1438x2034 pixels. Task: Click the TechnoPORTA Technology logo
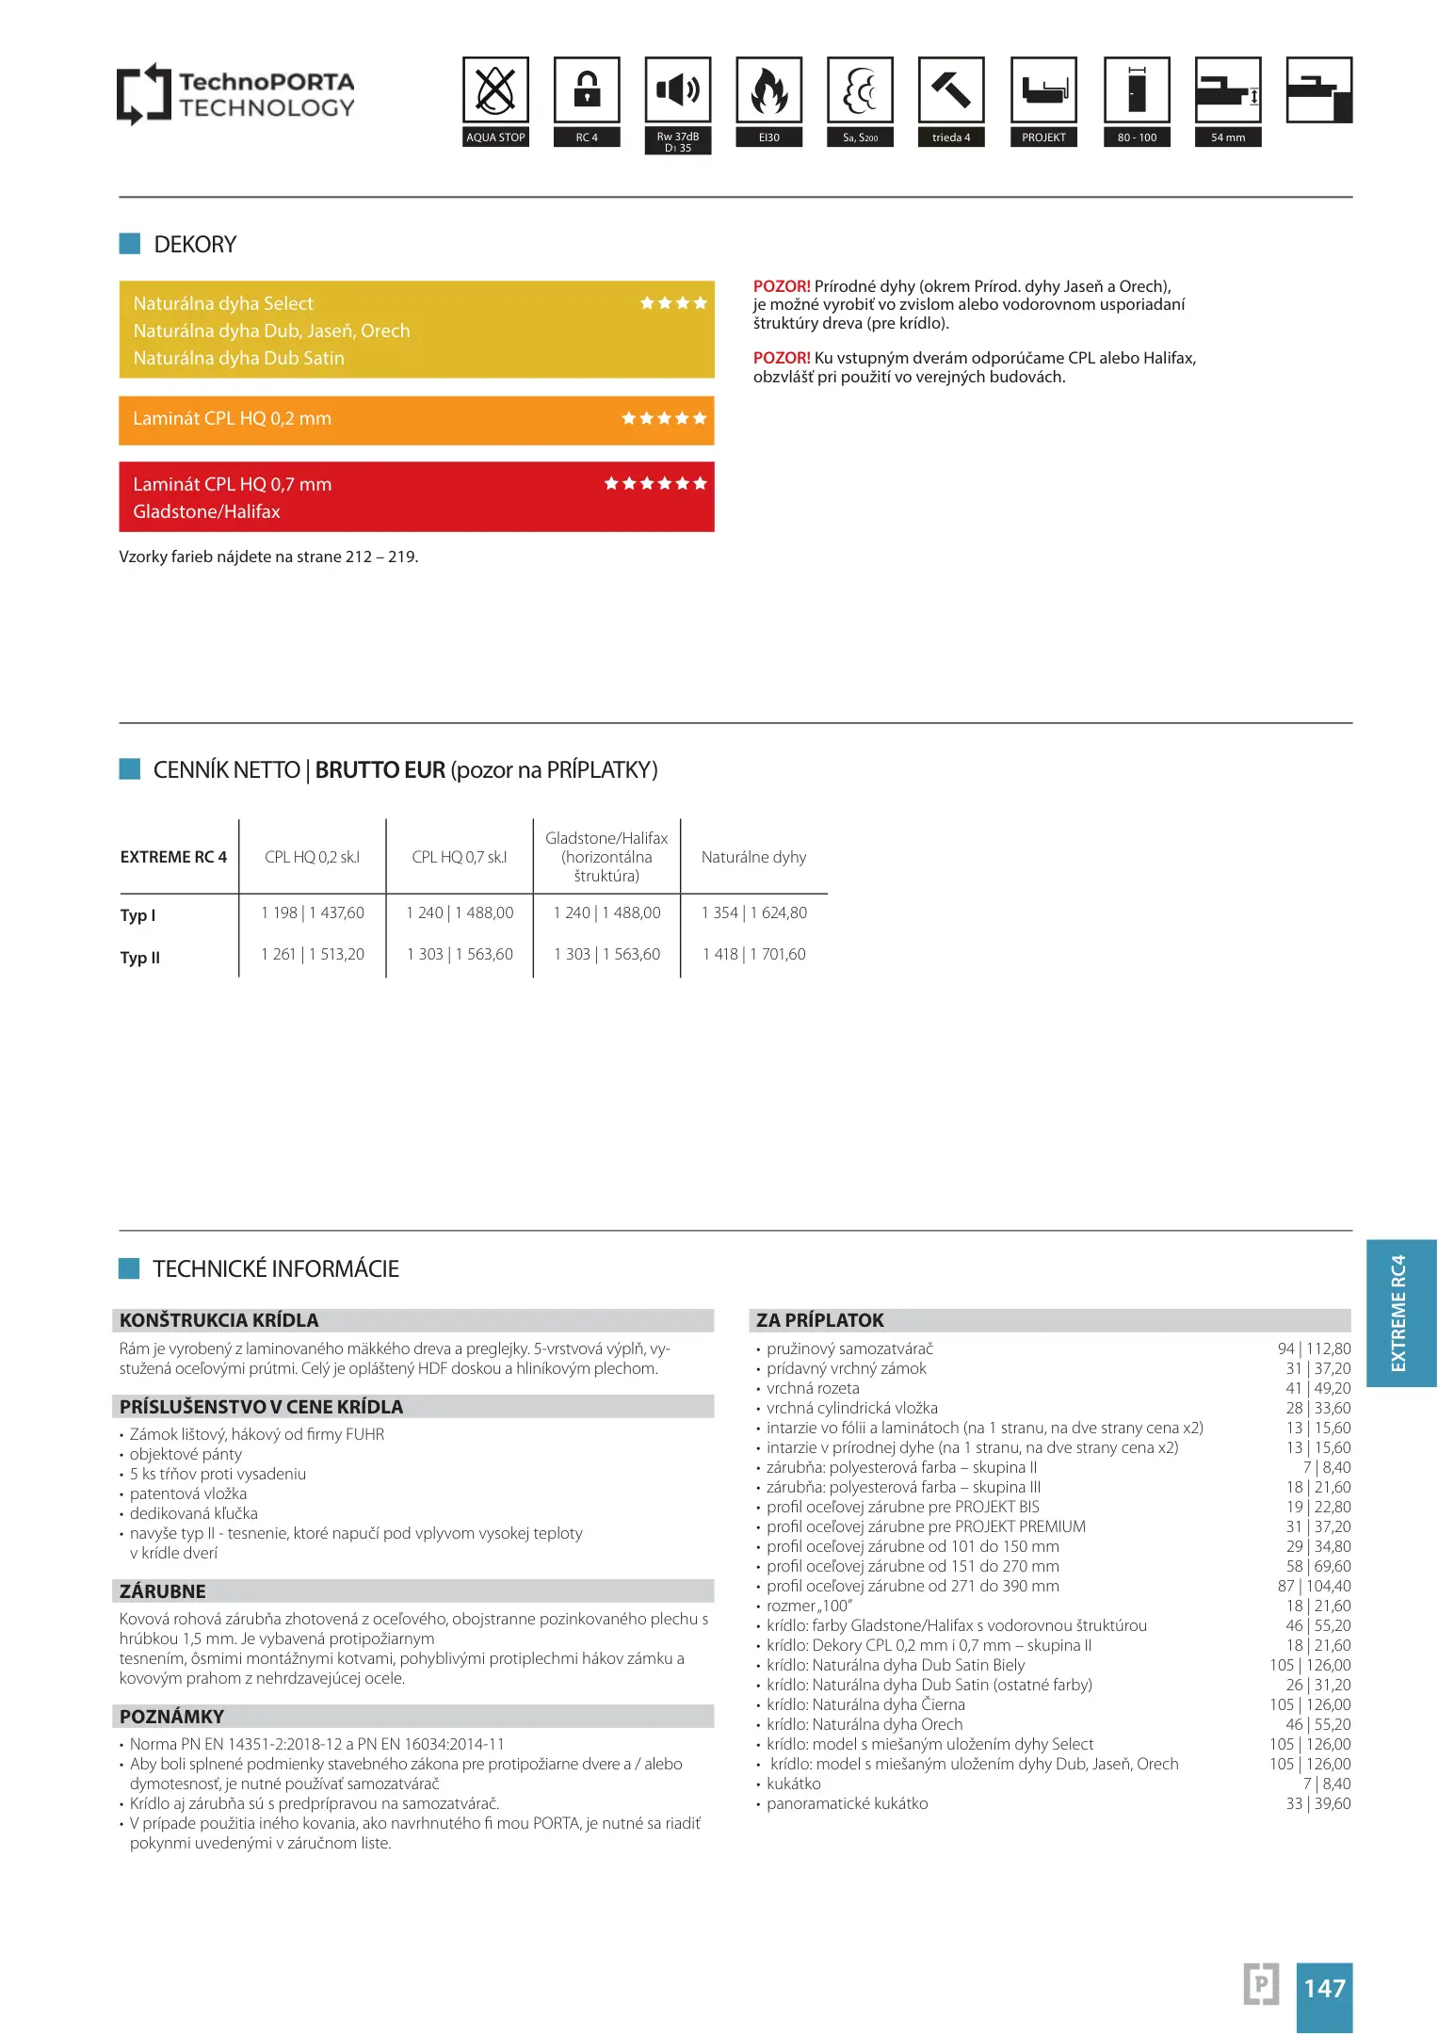pos(235,94)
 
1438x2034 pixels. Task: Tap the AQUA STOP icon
pos(495,90)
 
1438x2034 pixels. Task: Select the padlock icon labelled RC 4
pos(587,90)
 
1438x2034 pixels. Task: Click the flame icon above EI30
pos(769,90)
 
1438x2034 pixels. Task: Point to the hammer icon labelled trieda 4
pos(951,90)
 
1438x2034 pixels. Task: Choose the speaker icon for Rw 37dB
pos(678,90)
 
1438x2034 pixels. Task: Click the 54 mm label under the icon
pos(1228,137)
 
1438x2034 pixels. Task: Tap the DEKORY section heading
pos(195,245)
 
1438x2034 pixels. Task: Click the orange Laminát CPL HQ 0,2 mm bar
pos(416,419)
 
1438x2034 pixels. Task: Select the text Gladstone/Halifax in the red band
pos(207,511)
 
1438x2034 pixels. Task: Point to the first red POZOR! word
pos(782,286)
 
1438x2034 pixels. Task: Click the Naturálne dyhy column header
pos(753,857)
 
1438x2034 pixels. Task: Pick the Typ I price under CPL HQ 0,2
pos(313,912)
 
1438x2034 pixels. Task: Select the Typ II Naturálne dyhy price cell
pos(754,954)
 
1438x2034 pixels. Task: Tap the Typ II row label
pos(140,958)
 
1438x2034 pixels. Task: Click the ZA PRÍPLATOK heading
pos(820,1320)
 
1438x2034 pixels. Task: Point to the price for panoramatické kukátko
pos(1317,1803)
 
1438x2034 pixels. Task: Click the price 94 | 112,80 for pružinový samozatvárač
pos(1314,1348)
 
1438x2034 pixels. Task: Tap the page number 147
pos(1324,1988)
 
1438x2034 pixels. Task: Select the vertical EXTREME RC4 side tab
pos(1400,1313)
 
